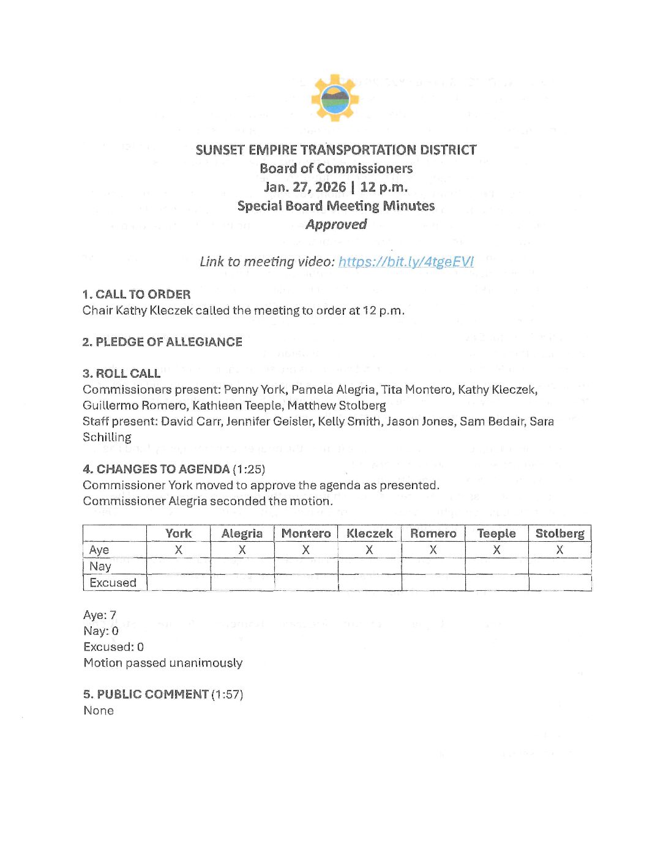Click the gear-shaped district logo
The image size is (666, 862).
(x=334, y=98)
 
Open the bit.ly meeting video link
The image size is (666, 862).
(x=406, y=262)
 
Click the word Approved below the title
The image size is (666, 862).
(x=336, y=225)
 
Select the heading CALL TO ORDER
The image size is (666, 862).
(x=143, y=294)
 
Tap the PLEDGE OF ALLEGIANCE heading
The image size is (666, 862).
(x=169, y=342)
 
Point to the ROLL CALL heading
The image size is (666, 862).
(x=128, y=373)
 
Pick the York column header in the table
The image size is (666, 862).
(x=179, y=534)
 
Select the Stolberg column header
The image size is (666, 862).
(x=559, y=534)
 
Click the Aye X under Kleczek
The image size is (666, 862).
(x=369, y=550)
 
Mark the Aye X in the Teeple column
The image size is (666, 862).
(x=496, y=550)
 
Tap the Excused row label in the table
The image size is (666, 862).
(x=113, y=583)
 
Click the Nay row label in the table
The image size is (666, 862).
(x=100, y=566)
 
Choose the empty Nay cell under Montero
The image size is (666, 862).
(x=306, y=566)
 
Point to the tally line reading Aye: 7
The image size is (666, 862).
(x=100, y=615)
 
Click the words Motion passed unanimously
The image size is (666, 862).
(x=163, y=663)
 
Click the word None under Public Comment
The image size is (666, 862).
(x=99, y=711)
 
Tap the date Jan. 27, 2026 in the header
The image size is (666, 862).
(x=305, y=187)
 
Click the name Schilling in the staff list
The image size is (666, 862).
(x=107, y=437)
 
